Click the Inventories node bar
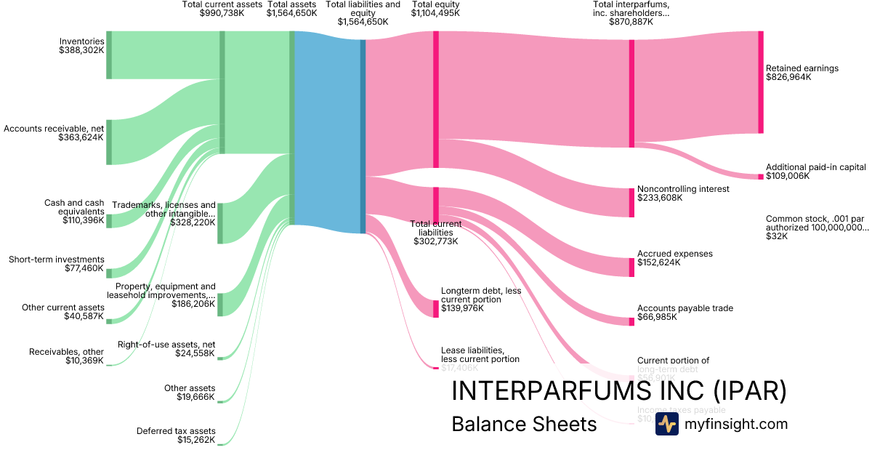point(109,55)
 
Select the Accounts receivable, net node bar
point(109,141)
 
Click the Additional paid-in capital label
point(815,167)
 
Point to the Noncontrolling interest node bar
point(631,202)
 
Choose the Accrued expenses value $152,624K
point(658,262)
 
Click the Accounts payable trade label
point(685,308)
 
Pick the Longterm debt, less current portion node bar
point(436,308)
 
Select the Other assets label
point(196,387)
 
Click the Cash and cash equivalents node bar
point(109,220)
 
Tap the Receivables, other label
point(66,352)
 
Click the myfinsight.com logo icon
point(666,424)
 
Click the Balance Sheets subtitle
point(524,424)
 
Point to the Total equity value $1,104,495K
point(435,13)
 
